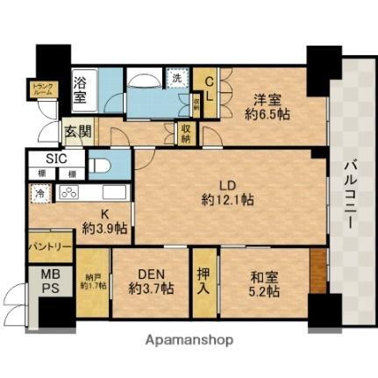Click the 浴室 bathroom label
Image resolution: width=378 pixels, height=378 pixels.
80,89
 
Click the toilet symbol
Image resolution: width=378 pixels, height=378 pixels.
98,167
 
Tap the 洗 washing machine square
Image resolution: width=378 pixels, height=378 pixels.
176,77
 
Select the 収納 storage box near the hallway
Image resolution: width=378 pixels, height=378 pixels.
186,133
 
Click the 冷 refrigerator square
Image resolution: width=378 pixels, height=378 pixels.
41,192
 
